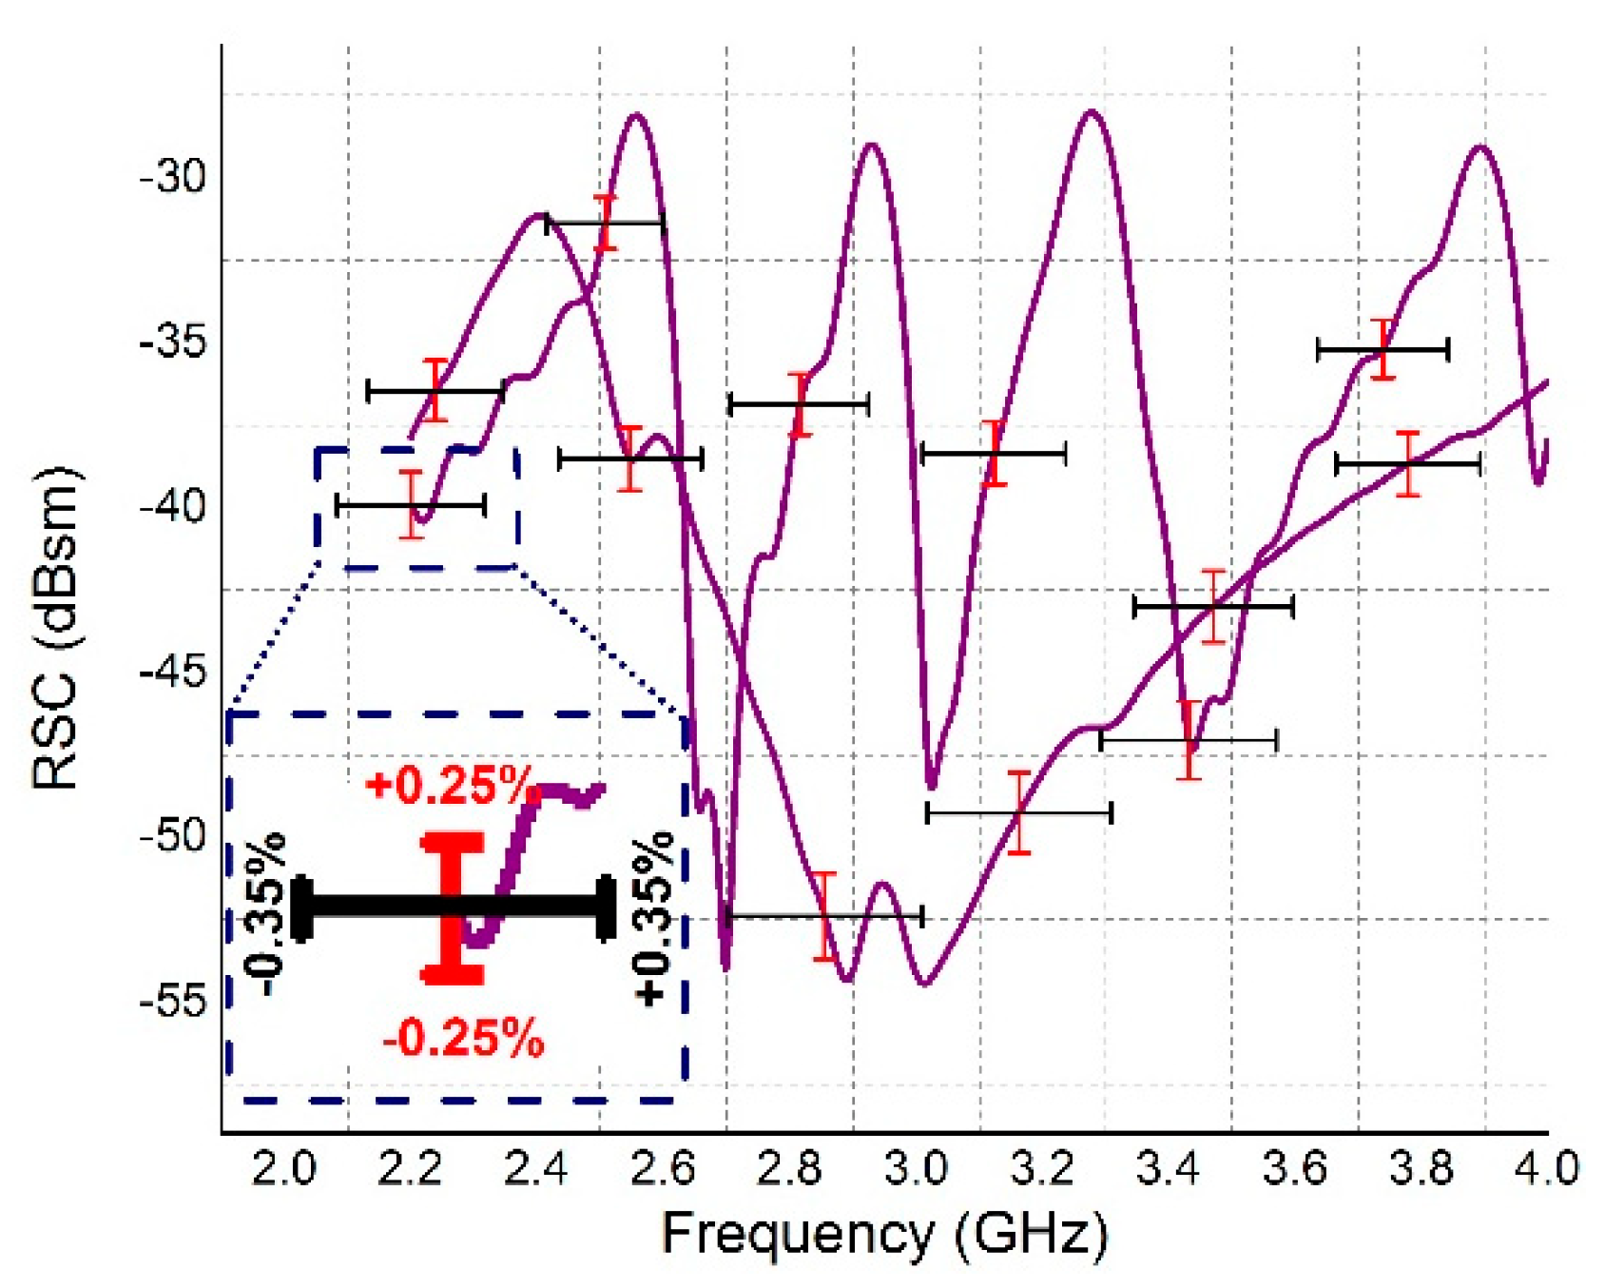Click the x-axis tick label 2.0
click(283, 1167)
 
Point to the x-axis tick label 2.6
click(662, 1167)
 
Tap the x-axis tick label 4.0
click(1546, 1167)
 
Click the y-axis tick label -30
click(173, 177)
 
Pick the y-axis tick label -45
click(173, 673)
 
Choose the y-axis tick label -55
click(173, 1001)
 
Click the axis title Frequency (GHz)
click(884, 1234)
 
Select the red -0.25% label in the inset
click(463, 1038)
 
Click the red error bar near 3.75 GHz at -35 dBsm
click(1383, 349)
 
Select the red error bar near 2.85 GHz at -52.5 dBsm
click(824, 916)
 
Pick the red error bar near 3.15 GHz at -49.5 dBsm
click(1019, 812)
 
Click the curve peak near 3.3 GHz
click(1092, 112)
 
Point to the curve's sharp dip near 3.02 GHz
click(932, 786)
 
